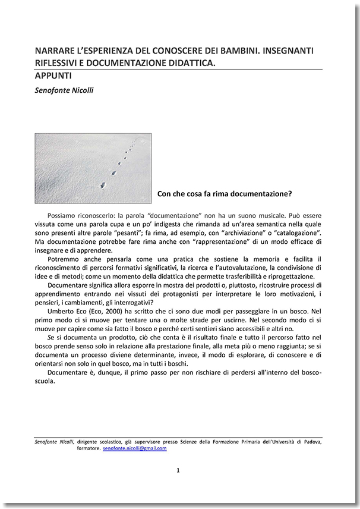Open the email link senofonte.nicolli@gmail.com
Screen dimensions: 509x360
click(134, 448)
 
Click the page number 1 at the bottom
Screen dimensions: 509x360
click(178, 470)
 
